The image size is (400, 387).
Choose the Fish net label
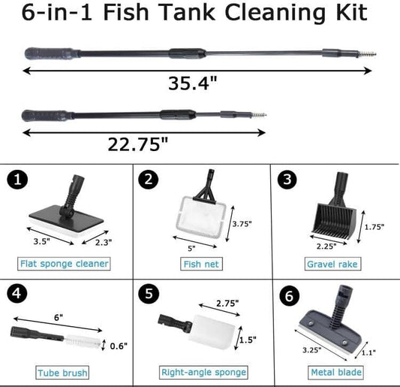[199, 265]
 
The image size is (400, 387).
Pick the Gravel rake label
[332, 265]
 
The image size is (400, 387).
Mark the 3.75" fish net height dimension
[240, 223]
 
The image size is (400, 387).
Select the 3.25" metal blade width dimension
[309, 349]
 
